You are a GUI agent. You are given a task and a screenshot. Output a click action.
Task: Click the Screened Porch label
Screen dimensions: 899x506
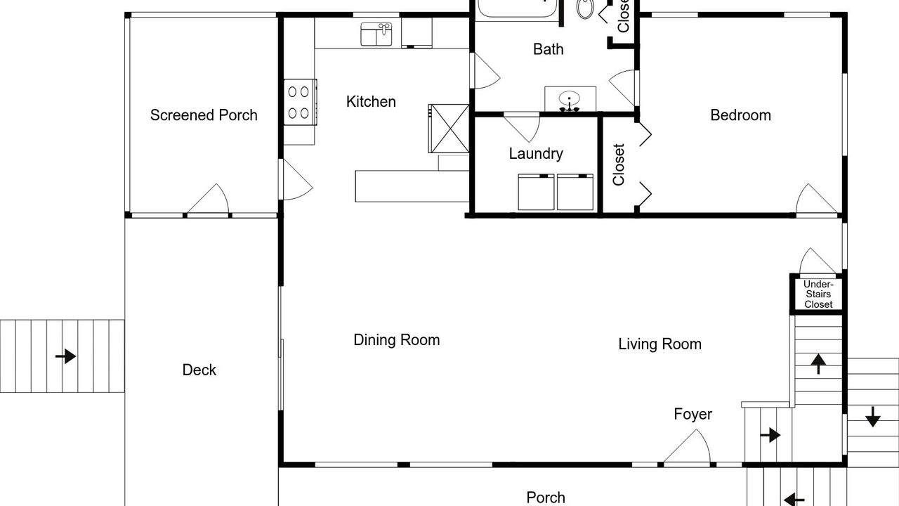[204, 115]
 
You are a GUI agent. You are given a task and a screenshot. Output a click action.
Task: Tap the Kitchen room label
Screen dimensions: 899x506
[371, 102]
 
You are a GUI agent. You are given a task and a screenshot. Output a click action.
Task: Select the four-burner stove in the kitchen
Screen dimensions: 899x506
[300, 102]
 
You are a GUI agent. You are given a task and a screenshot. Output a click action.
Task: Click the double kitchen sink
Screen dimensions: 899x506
[376, 34]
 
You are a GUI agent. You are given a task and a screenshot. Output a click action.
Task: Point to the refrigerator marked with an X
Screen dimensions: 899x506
[449, 129]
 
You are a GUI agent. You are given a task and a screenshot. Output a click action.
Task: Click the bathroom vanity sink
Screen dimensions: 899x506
[570, 99]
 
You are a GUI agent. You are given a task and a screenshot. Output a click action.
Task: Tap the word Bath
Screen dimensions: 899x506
[549, 49]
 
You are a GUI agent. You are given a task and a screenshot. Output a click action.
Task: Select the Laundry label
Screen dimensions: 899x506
[536, 153]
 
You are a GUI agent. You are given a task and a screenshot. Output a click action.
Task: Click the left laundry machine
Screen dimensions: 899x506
[536, 192]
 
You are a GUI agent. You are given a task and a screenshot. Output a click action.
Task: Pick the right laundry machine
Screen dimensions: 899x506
[575, 192]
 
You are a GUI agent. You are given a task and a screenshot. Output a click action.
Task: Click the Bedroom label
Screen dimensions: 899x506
[740, 115]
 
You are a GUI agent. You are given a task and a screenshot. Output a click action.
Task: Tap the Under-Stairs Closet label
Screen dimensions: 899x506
[818, 294]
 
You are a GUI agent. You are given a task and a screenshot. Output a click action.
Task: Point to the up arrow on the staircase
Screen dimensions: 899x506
[818, 364]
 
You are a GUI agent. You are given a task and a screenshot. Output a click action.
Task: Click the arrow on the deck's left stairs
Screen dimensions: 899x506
[65, 356]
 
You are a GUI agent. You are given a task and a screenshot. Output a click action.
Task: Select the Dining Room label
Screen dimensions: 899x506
[397, 340]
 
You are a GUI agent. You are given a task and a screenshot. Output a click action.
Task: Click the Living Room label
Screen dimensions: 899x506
[660, 344]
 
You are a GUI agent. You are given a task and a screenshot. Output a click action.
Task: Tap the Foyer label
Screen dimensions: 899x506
[693, 414]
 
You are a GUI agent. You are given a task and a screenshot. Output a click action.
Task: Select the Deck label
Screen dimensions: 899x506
[199, 370]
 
